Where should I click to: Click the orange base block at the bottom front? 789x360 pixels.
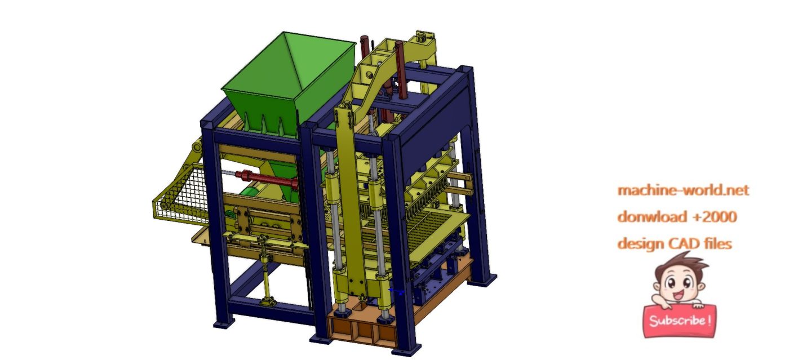(361, 330)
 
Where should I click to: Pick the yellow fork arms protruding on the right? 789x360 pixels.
(462, 183)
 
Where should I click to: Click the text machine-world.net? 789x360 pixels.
(683, 190)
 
